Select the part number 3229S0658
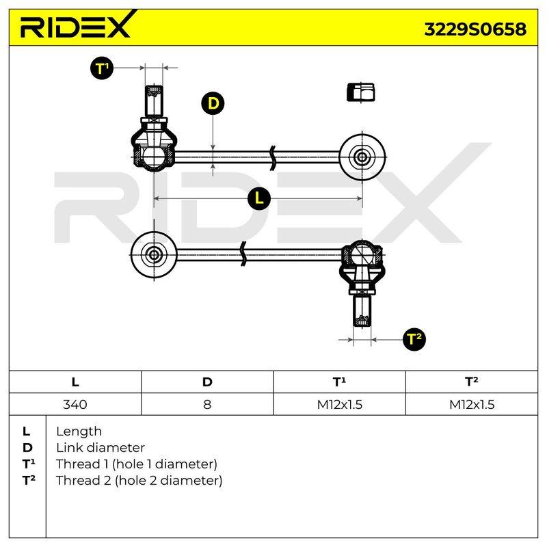(475, 29)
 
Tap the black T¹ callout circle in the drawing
(102, 68)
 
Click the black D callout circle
(213, 103)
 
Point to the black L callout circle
(259, 198)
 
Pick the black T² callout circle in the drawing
(414, 338)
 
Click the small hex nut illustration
(361, 92)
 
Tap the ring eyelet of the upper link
(362, 157)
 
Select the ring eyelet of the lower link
(154, 255)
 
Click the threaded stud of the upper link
(154, 101)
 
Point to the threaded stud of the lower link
(362, 311)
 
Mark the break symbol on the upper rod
(273, 158)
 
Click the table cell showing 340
(75, 404)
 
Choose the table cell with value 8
(207, 404)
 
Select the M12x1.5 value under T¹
(339, 405)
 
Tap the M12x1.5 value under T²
(472, 405)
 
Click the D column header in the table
(207, 382)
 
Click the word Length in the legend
(79, 432)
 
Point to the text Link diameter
(101, 448)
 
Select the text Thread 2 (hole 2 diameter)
(139, 481)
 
